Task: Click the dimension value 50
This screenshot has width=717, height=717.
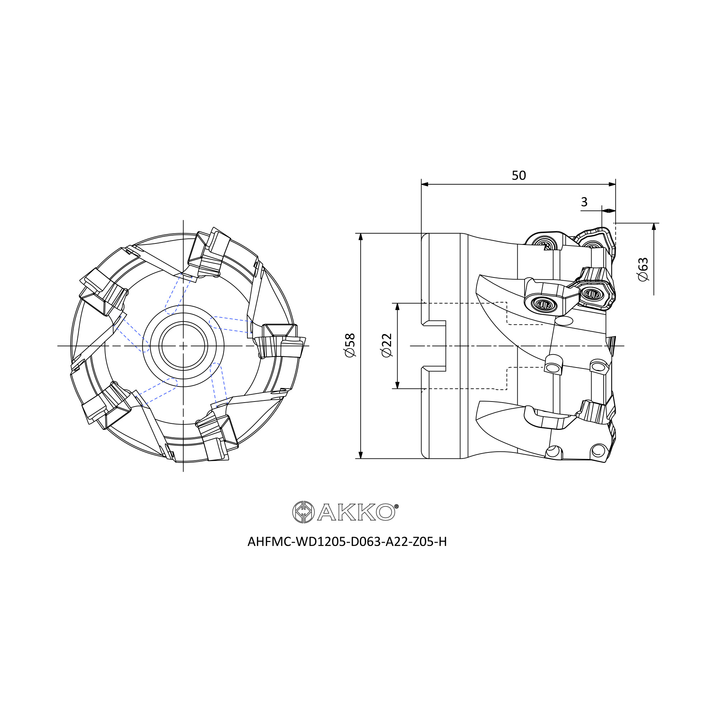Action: (518, 176)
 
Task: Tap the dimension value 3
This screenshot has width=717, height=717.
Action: (584, 202)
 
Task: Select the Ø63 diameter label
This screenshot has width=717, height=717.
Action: (643, 269)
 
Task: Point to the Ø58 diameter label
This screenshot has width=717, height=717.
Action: (350, 345)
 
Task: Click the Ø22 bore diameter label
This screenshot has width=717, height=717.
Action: (387, 345)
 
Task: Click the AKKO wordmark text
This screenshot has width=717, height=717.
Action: (356, 512)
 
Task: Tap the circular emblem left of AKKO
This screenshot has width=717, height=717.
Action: (304, 512)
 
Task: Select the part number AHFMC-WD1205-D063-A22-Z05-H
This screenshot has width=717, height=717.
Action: (347, 542)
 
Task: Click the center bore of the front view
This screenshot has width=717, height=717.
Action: (183, 346)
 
